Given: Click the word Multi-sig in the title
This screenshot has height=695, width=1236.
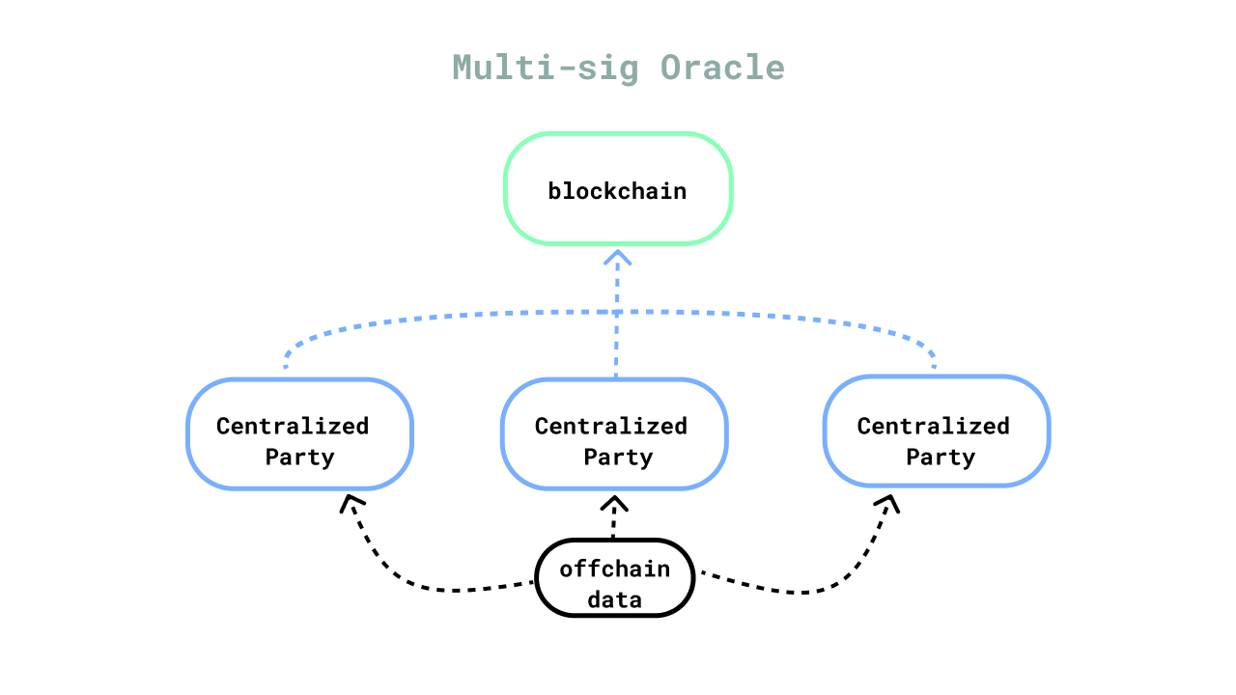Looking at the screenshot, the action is tap(546, 69).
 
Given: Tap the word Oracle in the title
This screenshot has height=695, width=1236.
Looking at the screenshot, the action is tap(722, 68).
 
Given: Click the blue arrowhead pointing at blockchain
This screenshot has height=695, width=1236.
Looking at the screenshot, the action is tap(617, 258).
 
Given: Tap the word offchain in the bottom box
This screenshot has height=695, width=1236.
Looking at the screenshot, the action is tap(615, 569).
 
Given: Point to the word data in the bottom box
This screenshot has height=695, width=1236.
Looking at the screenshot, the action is tap(615, 599).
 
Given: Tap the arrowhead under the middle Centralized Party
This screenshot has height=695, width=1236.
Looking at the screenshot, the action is tap(614, 503).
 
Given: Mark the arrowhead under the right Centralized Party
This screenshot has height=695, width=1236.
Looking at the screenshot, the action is tap(887, 503).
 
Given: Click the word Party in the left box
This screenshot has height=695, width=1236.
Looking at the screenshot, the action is tap(299, 458).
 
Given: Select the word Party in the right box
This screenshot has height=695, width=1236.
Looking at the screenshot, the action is tap(941, 458).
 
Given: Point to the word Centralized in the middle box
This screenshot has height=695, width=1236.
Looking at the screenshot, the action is tap(611, 426).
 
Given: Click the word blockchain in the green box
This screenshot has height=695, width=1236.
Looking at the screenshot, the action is tap(617, 191).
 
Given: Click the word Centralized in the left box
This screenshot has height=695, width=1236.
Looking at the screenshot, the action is tap(293, 426).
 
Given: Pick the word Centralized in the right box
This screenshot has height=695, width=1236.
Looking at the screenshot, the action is tap(933, 426).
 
